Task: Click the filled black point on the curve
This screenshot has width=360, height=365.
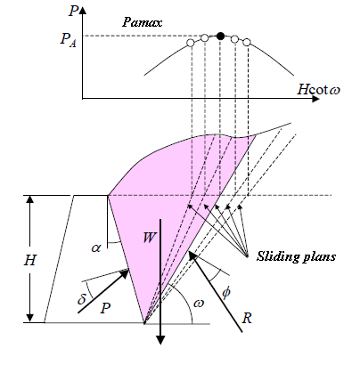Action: (220, 36)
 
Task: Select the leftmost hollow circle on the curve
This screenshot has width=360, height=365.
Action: (191, 43)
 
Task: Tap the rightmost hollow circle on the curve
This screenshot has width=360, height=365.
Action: (247, 42)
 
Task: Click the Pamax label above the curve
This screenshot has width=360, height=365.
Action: (143, 22)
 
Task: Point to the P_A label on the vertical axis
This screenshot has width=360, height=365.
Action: (69, 40)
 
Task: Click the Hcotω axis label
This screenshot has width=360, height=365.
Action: (318, 89)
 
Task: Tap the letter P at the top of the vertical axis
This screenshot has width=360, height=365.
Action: (73, 12)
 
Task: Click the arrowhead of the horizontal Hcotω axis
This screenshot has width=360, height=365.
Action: (315, 99)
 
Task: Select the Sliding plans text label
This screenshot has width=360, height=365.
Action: (296, 256)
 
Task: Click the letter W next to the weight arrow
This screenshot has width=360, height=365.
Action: (149, 238)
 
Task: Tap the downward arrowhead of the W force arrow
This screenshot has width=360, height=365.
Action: (160, 340)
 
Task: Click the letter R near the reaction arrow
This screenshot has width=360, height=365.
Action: (247, 318)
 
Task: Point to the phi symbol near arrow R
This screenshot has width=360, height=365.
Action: (225, 293)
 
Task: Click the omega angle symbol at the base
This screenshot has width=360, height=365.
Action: (199, 304)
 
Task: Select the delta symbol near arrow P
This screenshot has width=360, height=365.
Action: (81, 298)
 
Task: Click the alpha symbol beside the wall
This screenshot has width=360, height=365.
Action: (96, 247)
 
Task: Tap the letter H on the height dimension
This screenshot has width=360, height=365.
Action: (29, 260)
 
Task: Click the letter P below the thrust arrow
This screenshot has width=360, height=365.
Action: (105, 309)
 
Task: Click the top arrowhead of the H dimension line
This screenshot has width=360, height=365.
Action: (29, 199)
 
